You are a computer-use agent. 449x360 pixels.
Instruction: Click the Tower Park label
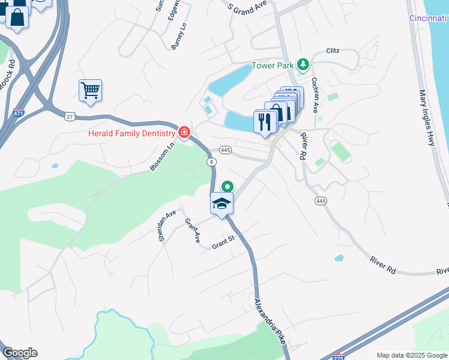(274, 65)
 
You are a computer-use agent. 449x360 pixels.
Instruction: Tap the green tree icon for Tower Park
(304, 64)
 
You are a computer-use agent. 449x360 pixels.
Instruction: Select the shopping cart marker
(90, 91)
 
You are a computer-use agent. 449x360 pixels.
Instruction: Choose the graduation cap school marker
(221, 203)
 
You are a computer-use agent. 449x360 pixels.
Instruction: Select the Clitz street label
(333, 51)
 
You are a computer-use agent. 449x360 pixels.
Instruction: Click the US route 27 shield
(70, 117)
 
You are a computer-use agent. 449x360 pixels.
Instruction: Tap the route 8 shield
(211, 162)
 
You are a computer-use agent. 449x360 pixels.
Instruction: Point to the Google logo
(20, 353)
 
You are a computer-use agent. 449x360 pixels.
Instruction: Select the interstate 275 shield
(340, 356)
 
